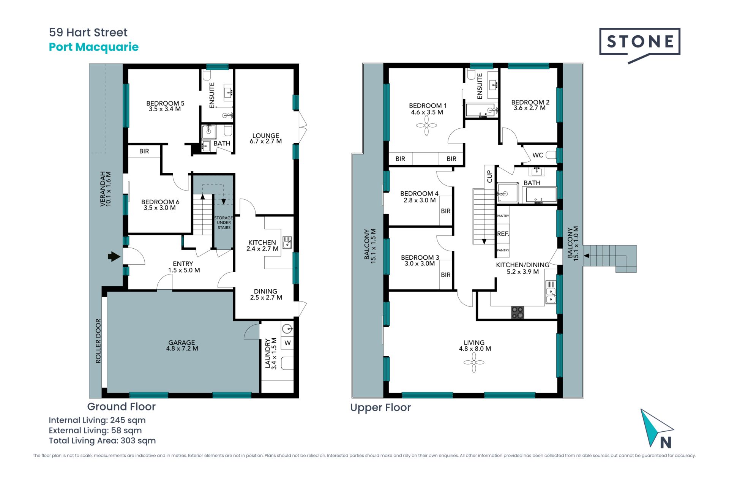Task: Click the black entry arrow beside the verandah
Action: pyautogui.click(x=114, y=257)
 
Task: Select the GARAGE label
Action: pyautogui.click(x=182, y=342)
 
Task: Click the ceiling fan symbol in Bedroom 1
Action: pyautogui.click(x=426, y=125)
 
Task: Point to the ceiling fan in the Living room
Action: pyautogui.click(x=474, y=362)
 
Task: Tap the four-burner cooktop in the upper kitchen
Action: pyautogui.click(x=518, y=312)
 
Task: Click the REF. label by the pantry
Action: pyautogui.click(x=503, y=234)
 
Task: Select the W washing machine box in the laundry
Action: pyautogui.click(x=287, y=343)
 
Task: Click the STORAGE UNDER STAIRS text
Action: pyautogui.click(x=224, y=223)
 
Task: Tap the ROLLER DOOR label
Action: pyautogui.click(x=98, y=341)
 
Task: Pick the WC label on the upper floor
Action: pyautogui.click(x=538, y=155)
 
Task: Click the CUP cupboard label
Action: pyautogui.click(x=489, y=176)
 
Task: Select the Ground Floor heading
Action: pyautogui.click(x=121, y=407)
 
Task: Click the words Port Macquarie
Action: pyautogui.click(x=94, y=47)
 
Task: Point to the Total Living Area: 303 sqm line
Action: pyautogui.click(x=102, y=440)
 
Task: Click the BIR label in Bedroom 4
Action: pyautogui.click(x=446, y=211)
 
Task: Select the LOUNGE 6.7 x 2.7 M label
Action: pyautogui.click(x=266, y=139)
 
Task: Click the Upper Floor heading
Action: pyautogui.click(x=380, y=407)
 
